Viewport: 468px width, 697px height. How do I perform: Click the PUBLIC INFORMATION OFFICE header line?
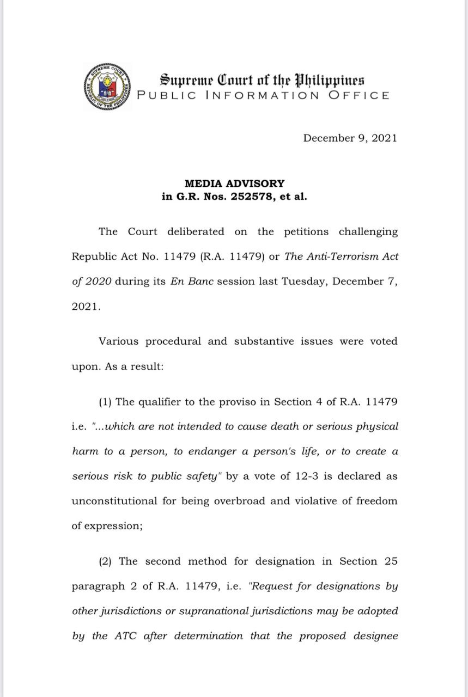[263, 95]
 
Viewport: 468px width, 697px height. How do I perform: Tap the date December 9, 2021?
[350, 138]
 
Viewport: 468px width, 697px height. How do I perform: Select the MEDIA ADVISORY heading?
[234, 184]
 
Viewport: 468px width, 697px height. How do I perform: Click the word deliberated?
[196, 231]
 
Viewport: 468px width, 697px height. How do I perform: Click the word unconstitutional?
[116, 500]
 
